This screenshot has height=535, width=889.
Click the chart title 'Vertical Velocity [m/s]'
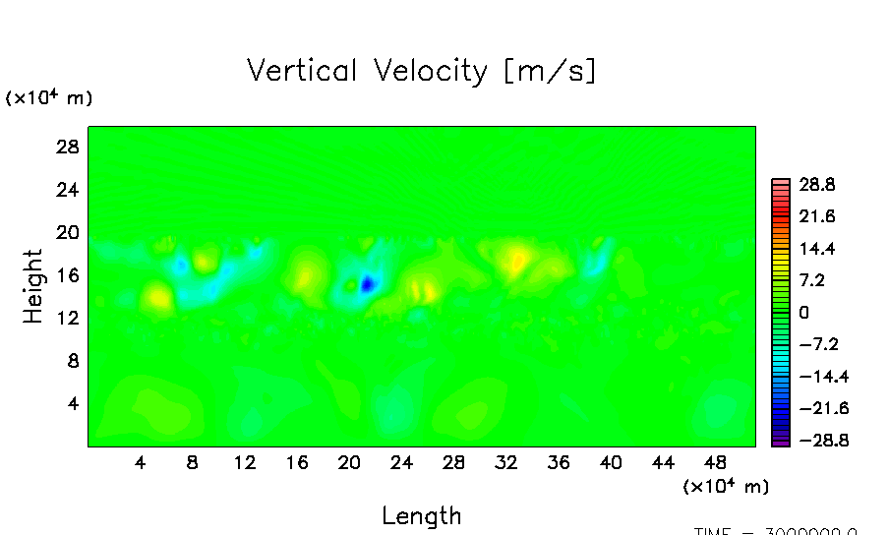(421, 71)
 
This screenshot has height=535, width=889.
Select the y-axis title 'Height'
(33, 286)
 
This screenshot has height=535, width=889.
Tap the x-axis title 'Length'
(421, 515)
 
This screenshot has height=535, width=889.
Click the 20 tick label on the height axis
(65, 232)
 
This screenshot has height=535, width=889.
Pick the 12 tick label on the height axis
(65, 318)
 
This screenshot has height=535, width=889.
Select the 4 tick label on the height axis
(71, 403)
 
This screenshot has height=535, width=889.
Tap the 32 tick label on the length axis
(506, 462)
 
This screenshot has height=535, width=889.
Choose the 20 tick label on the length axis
(349, 462)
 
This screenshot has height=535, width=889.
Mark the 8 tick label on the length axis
(193, 462)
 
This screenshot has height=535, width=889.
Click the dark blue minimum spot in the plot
(367, 284)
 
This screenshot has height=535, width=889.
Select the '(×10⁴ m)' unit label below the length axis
(726, 486)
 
